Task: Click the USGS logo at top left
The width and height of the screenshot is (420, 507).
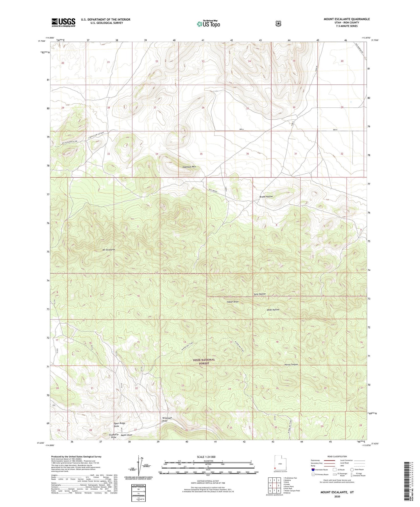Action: (63, 22)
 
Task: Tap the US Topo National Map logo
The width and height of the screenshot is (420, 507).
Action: (208, 24)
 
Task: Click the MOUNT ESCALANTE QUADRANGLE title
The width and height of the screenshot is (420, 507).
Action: (346, 19)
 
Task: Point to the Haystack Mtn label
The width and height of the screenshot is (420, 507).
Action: (189, 167)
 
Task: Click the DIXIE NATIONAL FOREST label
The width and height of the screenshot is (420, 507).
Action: (204, 361)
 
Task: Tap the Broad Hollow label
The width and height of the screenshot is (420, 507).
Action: (266, 197)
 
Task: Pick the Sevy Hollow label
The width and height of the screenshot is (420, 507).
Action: (260, 294)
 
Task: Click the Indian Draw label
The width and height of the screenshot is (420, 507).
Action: (233, 302)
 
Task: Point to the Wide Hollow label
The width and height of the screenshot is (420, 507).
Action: (273, 310)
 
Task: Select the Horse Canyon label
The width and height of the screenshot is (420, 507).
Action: (291, 364)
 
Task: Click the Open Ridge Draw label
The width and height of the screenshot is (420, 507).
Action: (119, 425)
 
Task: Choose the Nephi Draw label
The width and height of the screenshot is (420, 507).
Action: (126, 435)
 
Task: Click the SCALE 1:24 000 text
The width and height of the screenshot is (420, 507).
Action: (206, 457)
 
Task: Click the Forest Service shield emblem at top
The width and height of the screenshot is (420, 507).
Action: (278, 24)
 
